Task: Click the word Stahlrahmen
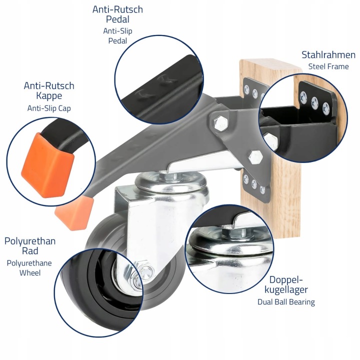click(328, 55)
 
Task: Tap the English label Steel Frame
click(328, 66)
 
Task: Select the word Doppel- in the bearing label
click(286, 280)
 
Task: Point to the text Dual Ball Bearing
click(286, 302)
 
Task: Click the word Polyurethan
click(30, 241)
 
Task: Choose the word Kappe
click(49, 96)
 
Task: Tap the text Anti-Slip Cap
click(49, 108)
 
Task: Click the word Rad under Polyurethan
click(30, 251)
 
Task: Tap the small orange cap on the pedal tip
click(74, 212)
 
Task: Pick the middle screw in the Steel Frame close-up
click(314, 103)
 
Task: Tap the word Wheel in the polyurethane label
click(30, 273)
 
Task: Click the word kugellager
click(286, 289)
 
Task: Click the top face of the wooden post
click(270, 65)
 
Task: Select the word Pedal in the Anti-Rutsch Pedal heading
click(117, 19)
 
